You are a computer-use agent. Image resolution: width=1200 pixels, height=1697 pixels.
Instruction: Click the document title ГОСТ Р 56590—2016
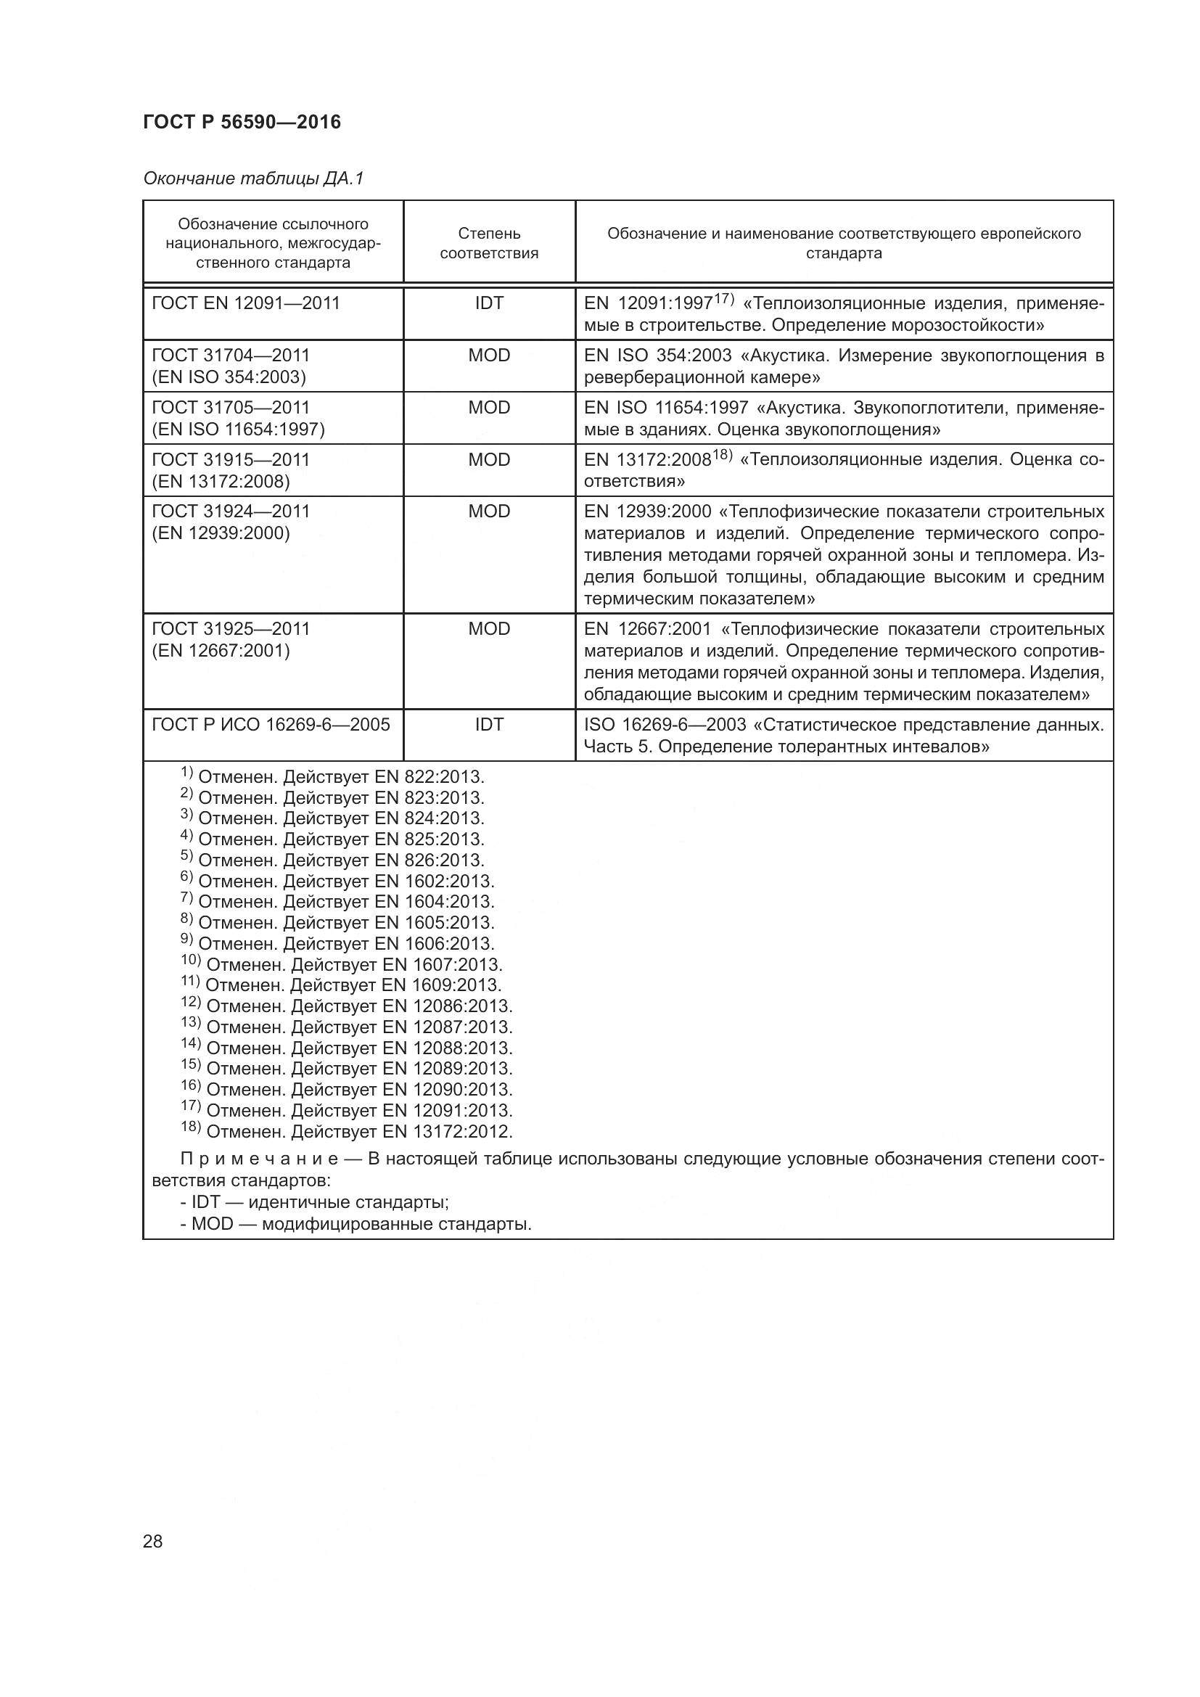[x=242, y=122]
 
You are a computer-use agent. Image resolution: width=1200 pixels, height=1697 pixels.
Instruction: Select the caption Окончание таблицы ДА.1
[x=253, y=178]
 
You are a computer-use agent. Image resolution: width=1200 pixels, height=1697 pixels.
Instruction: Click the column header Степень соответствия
[x=489, y=243]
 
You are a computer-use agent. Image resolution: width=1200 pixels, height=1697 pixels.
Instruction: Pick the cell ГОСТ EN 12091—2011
[x=245, y=303]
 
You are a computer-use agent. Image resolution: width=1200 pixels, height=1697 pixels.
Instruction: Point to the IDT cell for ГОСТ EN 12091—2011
[x=489, y=303]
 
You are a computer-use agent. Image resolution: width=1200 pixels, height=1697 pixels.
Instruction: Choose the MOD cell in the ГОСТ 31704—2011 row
[x=489, y=356]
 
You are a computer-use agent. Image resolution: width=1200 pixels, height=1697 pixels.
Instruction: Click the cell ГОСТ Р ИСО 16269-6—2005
[x=271, y=724]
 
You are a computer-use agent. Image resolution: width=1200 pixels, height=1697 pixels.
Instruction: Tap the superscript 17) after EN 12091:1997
[x=723, y=299]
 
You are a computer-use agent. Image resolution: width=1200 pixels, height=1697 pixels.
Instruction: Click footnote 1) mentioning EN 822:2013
[x=332, y=777]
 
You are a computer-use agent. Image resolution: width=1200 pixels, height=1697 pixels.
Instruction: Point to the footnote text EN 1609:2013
[x=441, y=985]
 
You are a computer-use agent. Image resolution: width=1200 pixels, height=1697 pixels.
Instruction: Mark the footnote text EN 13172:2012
[x=446, y=1132]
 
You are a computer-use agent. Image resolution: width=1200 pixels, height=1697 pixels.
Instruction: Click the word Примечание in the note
[x=259, y=1159]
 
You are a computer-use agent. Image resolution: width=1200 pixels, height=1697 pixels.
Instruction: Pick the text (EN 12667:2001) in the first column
[x=221, y=650]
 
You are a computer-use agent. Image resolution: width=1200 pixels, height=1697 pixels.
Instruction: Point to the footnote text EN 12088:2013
[x=446, y=1048]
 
